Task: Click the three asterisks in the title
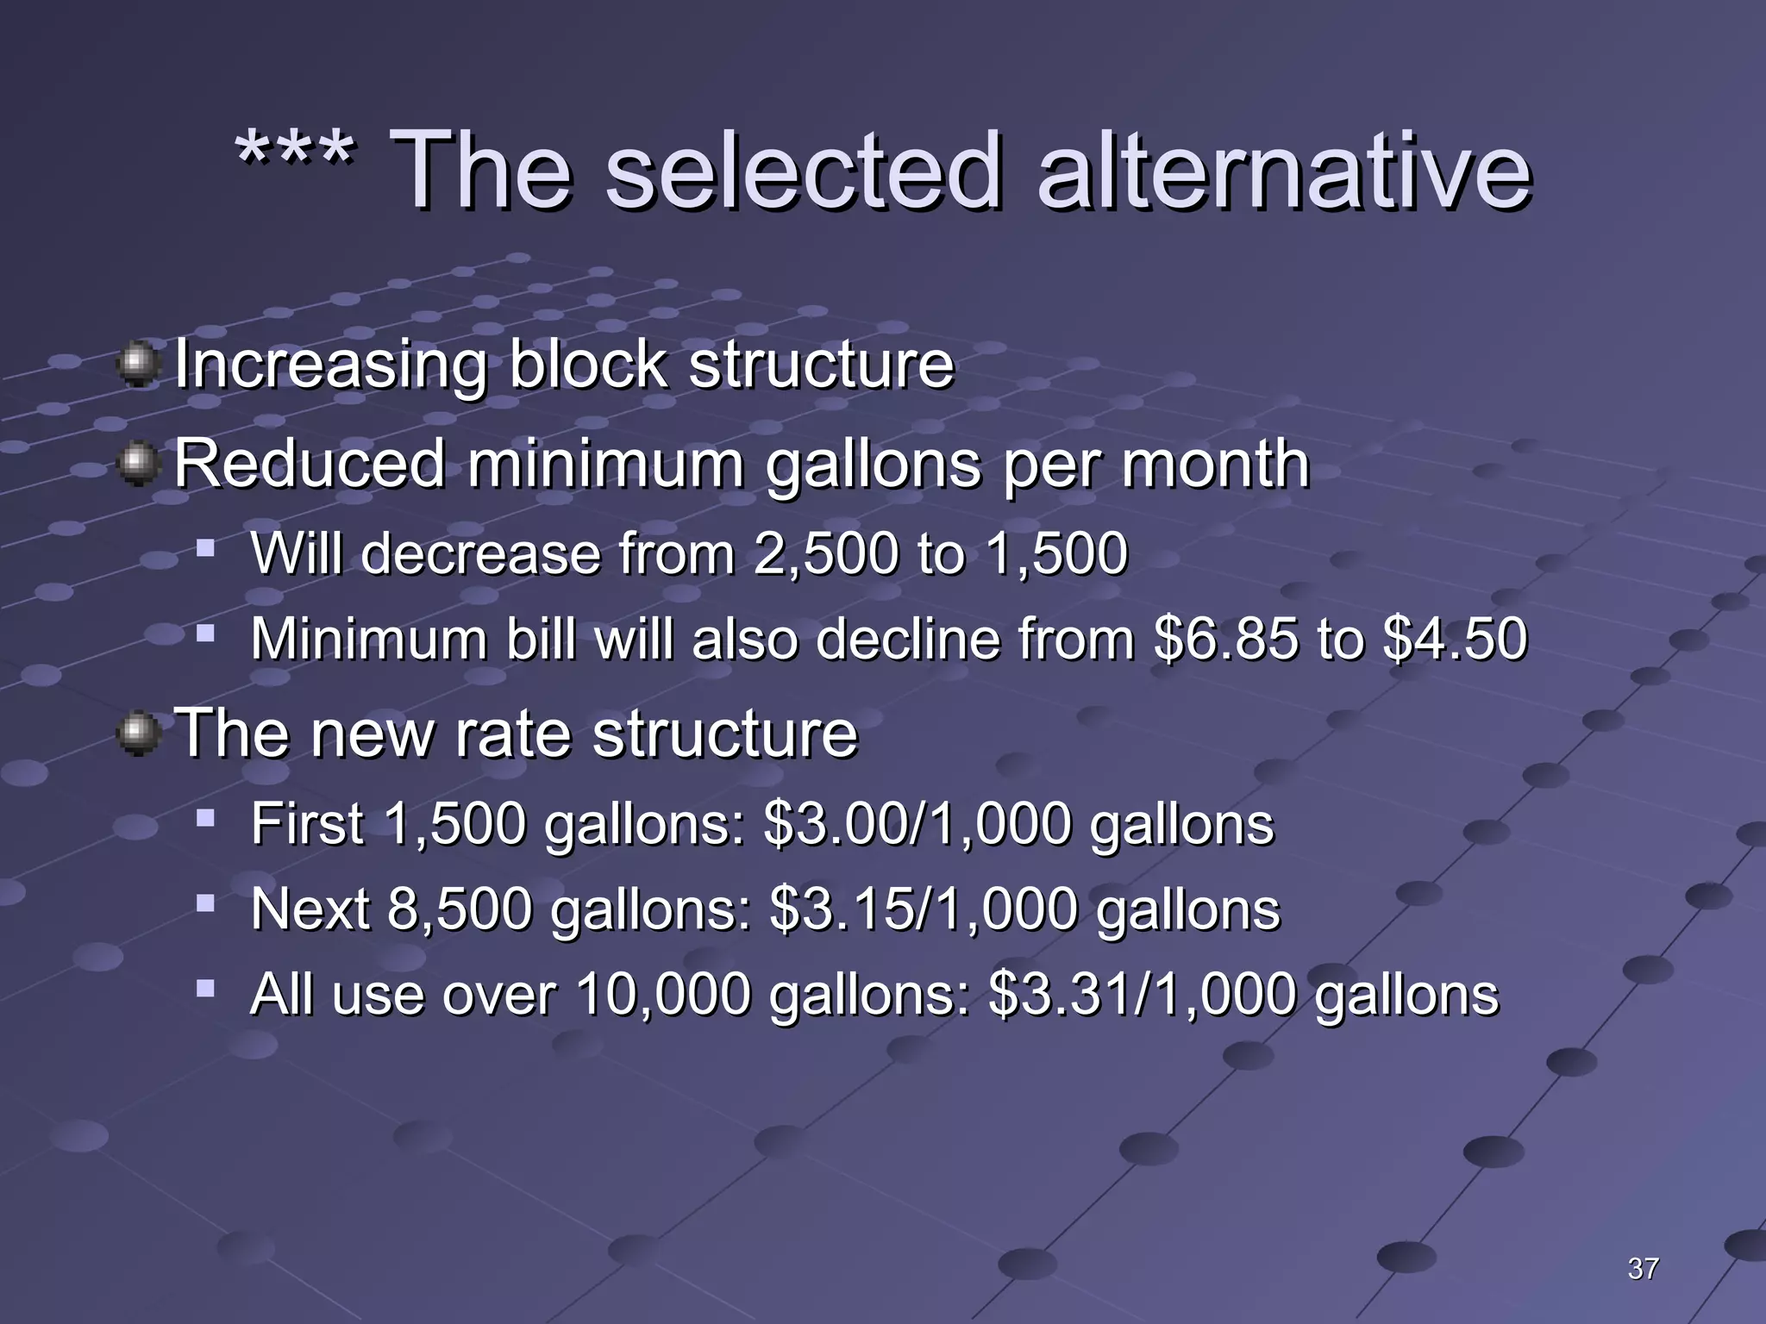[x=295, y=153]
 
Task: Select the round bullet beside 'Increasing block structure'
[x=137, y=365]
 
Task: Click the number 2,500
[x=824, y=553]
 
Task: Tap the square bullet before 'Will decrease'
[x=205, y=547]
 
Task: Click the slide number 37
[x=1643, y=1268]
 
